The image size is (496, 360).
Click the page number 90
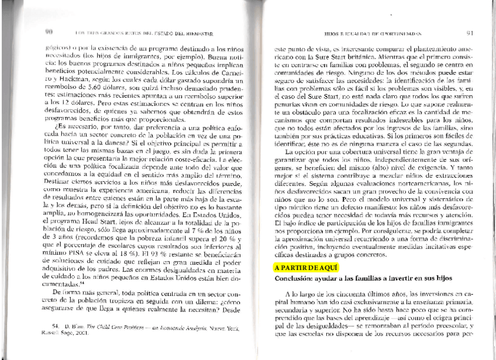pyautogui.click(x=49, y=30)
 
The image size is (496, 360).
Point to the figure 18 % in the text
pyautogui.click(x=128, y=263)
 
